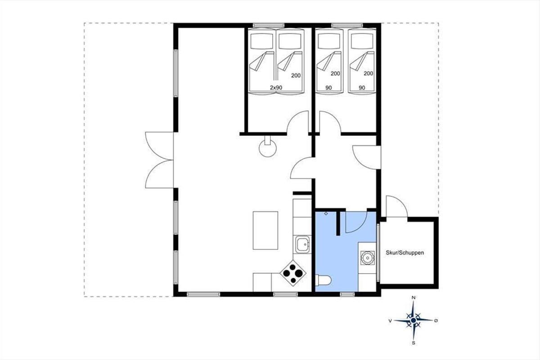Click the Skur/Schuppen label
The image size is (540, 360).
point(405,253)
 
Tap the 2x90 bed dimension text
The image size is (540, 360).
point(276,88)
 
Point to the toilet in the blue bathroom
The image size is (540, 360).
point(323,280)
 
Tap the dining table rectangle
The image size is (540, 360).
point(265,230)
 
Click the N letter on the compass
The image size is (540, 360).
point(414,297)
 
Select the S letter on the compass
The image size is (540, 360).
point(414,343)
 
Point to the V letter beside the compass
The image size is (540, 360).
point(390,321)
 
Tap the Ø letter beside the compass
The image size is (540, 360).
point(436,320)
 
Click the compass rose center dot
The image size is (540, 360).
point(414,320)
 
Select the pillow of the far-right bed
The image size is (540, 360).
point(362,41)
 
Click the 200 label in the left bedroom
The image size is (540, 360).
point(296,76)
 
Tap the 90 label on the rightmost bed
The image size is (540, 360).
point(362,88)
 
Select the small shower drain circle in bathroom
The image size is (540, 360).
point(326,213)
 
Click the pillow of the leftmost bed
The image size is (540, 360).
point(261,41)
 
